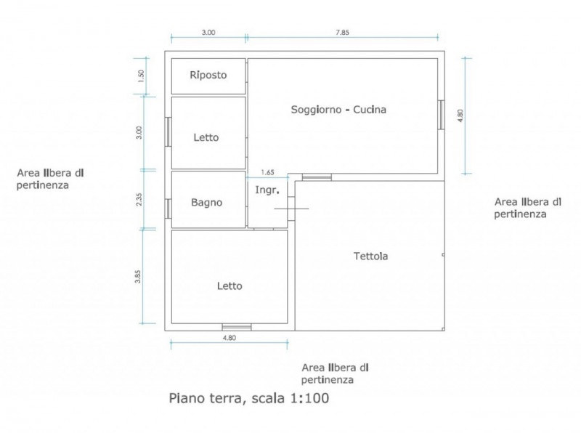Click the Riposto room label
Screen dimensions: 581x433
click(x=208, y=76)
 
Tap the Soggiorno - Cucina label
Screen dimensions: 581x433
click(x=338, y=110)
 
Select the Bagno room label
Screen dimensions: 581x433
click(x=207, y=203)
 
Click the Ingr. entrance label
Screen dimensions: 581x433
click(x=267, y=190)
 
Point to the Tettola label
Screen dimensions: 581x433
click(x=370, y=256)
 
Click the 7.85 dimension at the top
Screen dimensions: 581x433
click(x=342, y=32)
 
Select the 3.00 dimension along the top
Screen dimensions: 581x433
click(x=208, y=32)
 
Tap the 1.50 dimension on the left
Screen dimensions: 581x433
click(x=140, y=76)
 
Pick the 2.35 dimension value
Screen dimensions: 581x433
click(x=139, y=200)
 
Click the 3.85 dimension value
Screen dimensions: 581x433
click(x=138, y=277)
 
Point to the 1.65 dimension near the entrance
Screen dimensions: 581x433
click(x=267, y=172)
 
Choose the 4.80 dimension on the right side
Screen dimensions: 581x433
click(x=460, y=116)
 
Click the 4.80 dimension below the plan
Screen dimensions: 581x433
click(x=229, y=338)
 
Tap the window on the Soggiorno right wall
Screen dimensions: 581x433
click(x=441, y=115)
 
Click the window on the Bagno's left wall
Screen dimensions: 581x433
click(x=168, y=209)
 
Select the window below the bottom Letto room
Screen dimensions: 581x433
click(x=237, y=327)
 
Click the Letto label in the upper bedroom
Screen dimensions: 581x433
click(x=206, y=137)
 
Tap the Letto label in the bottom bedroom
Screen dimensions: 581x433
click(x=229, y=286)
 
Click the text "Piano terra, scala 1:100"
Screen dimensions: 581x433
click(x=249, y=398)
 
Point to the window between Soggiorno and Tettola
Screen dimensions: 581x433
click(x=317, y=177)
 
